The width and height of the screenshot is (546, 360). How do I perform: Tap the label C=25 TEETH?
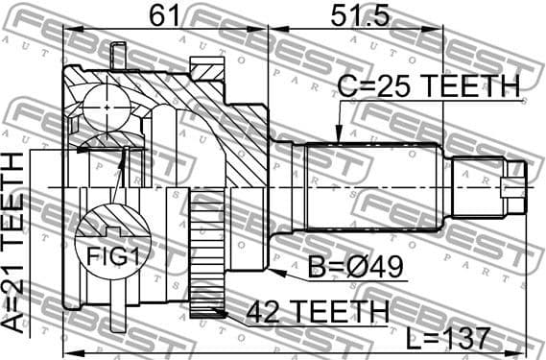[428, 86]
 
